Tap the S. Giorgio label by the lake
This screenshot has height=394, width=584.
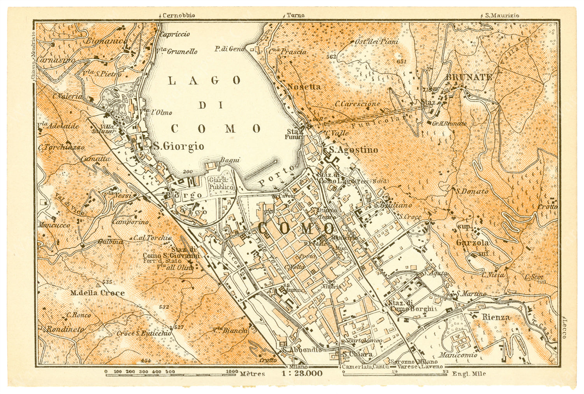pyautogui.click(x=178, y=146)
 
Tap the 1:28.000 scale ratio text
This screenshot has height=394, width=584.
pyautogui.click(x=301, y=373)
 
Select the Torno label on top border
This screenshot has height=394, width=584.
pyautogui.click(x=296, y=16)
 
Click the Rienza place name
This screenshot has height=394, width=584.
pyautogui.click(x=496, y=317)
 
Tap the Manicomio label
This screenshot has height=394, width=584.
pyautogui.click(x=454, y=355)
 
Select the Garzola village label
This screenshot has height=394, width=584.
pyautogui.click(x=472, y=243)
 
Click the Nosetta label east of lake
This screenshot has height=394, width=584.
pyautogui.click(x=304, y=87)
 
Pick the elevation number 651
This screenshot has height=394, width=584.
pyautogui.click(x=401, y=61)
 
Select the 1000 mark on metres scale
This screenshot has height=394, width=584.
pyautogui.click(x=232, y=371)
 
